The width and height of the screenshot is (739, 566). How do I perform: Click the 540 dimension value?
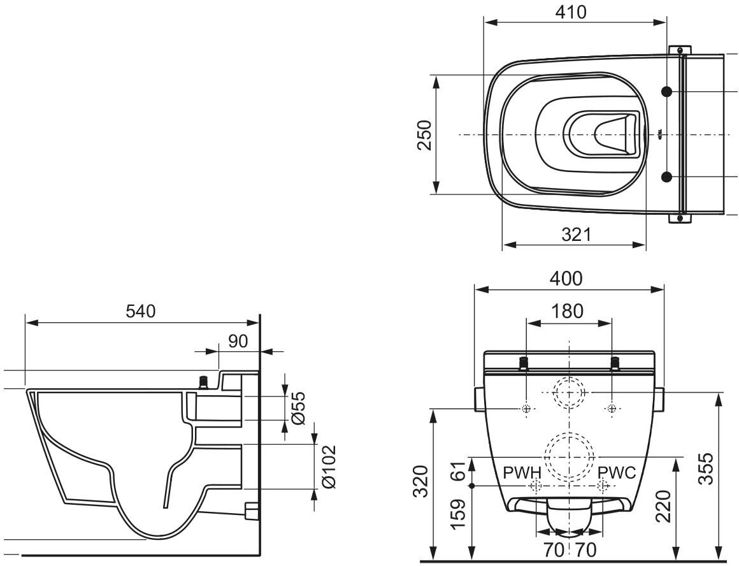[x=140, y=311]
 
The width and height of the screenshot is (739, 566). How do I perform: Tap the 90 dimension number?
[x=238, y=341]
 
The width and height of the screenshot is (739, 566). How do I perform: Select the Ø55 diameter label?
[x=298, y=407]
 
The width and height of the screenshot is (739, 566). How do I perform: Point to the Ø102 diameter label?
[x=329, y=466]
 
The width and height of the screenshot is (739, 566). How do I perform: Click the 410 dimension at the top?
[x=571, y=11]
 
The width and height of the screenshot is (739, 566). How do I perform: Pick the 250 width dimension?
[x=424, y=135]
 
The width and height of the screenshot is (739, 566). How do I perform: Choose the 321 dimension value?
[x=576, y=234]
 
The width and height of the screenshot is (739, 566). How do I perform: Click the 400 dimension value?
[x=566, y=279]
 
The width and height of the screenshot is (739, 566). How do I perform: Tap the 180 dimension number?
[x=567, y=311]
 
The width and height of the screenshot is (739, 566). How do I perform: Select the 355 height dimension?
[x=705, y=469]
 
